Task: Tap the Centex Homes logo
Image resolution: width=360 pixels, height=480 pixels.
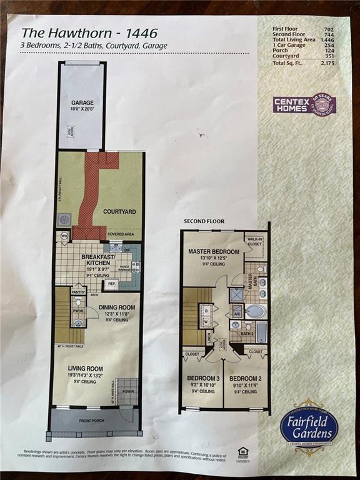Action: [304, 104]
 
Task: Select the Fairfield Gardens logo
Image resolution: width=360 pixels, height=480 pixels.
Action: [309, 427]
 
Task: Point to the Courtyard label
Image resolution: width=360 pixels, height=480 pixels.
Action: [120, 212]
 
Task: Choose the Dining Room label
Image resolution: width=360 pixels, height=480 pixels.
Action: [117, 307]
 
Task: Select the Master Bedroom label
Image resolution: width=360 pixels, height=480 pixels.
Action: [214, 251]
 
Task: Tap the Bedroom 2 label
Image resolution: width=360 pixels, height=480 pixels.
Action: [245, 379]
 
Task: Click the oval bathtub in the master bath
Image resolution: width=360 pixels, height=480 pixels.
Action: [255, 311]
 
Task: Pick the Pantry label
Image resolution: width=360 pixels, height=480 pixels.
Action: [78, 292]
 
